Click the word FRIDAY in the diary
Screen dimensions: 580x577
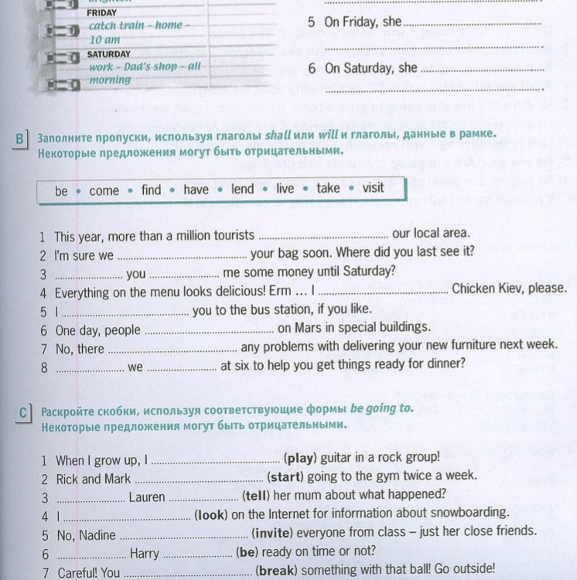[x=102, y=12]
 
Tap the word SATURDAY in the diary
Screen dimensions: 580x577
[x=108, y=54]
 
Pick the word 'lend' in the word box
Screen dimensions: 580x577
[x=242, y=189]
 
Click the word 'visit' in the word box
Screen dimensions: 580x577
[x=373, y=189]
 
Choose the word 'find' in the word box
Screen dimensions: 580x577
[x=152, y=189]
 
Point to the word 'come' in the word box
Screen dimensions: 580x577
[x=104, y=190]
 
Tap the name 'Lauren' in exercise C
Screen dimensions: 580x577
[x=147, y=497]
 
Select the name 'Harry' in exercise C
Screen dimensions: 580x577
[x=145, y=553]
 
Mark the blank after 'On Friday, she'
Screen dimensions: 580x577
[x=472, y=24]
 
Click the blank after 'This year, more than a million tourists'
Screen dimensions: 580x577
[x=323, y=236]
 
